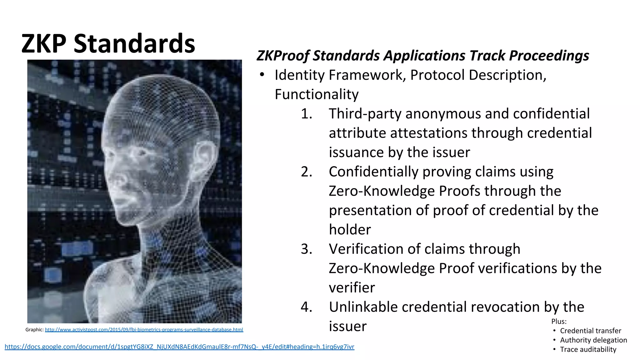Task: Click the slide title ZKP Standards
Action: [x=108, y=43]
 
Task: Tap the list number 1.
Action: [x=306, y=114]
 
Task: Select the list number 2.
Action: [x=306, y=172]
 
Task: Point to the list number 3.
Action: [x=306, y=249]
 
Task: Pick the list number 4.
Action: [x=306, y=307]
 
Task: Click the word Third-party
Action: [x=365, y=114]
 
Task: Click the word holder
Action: [x=350, y=230]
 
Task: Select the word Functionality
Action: [x=317, y=94]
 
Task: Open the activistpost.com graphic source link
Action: [x=144, y=330]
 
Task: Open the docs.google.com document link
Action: [x=179, y=347]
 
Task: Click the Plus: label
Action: [x=559, y=321]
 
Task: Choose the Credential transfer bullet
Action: [x=590, y=331]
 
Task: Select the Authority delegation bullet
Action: [x=593, y=340]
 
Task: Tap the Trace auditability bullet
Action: [x=588, y=349]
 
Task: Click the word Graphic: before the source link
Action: [x=34, y=330]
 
